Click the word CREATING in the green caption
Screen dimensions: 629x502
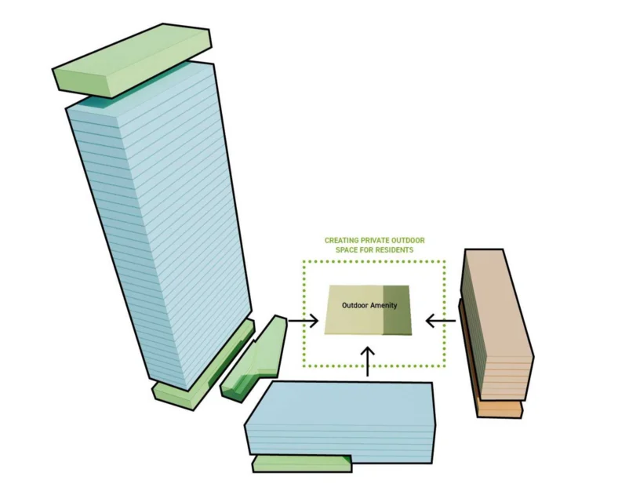point(341,240)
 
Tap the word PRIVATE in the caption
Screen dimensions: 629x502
point(374,240)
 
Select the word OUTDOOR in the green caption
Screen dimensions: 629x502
point(407,240)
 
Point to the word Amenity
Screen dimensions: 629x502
point(384,305)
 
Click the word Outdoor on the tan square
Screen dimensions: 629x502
point(354,305)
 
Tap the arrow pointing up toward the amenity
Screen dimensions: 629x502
point(368,361)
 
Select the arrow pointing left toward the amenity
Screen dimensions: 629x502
point(441,321)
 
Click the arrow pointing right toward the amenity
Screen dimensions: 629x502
point(304,321)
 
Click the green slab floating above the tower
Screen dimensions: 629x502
point(133,60)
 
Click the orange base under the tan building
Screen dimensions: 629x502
point(500,409)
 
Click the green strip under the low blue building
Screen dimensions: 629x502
point(302,464)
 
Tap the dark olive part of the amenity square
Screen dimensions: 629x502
point(397,310)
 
